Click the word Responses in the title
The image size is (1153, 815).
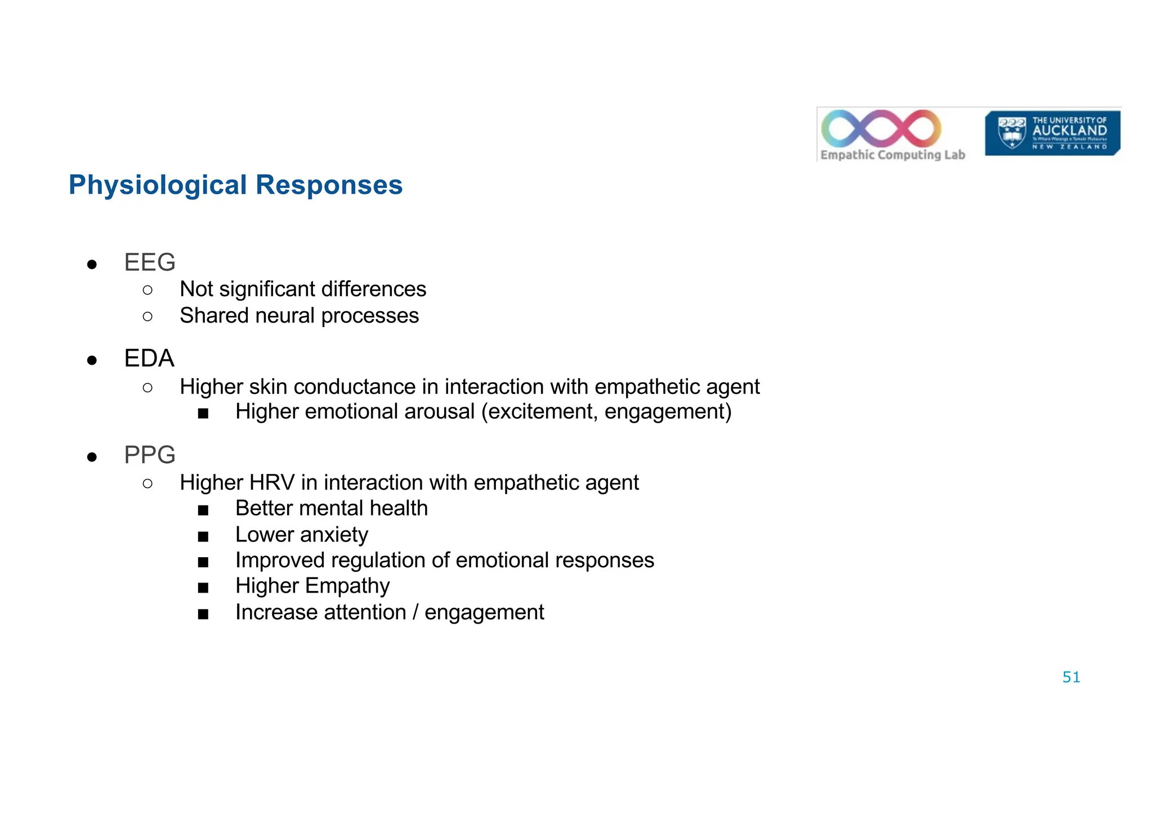tap(329, 185)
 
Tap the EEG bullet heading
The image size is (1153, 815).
tap(150, 262)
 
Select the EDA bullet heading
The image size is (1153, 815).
tap(149, 359)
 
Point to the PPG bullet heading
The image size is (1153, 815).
tap(150, 455)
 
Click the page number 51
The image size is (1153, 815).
tap(1071, 677)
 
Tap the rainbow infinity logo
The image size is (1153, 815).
tap(881, 128)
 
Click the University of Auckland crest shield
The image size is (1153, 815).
tap(1012, 133)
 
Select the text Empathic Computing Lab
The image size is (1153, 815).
tap(892, 155)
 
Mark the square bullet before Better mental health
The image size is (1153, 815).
tap(203, 510)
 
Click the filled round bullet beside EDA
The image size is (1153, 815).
tap(92, 360)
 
